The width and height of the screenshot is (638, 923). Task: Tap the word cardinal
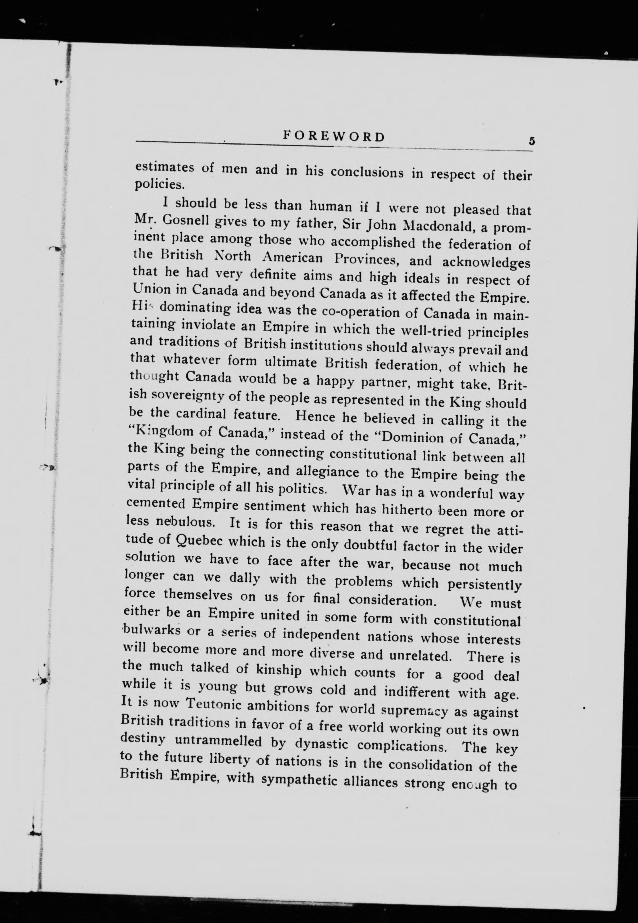(x=201, y=414)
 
